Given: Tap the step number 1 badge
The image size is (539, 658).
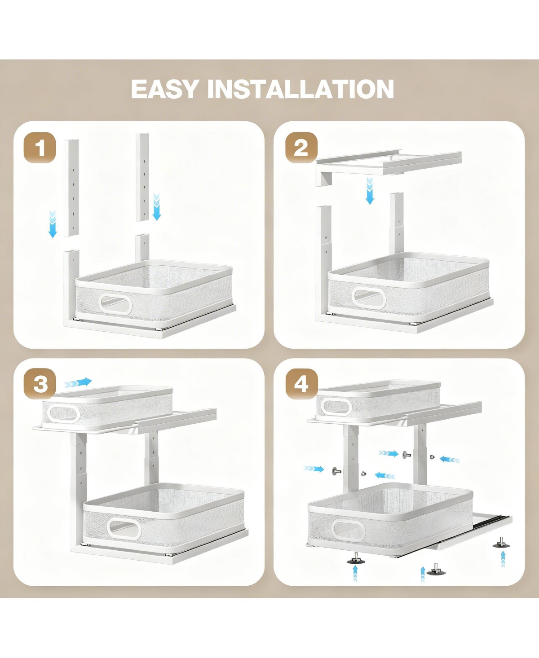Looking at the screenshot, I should pos(40,148).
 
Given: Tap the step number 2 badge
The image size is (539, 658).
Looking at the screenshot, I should pos(301,148).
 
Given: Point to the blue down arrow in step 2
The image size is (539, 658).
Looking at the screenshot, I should pos(370,190).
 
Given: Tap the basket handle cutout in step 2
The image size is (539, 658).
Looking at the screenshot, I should pos(369,298).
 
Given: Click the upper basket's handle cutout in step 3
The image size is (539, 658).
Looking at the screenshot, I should pos(64,412).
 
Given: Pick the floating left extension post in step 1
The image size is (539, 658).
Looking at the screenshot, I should pos(71,188).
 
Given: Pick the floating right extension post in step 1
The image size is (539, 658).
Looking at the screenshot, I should pos(142,177).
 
